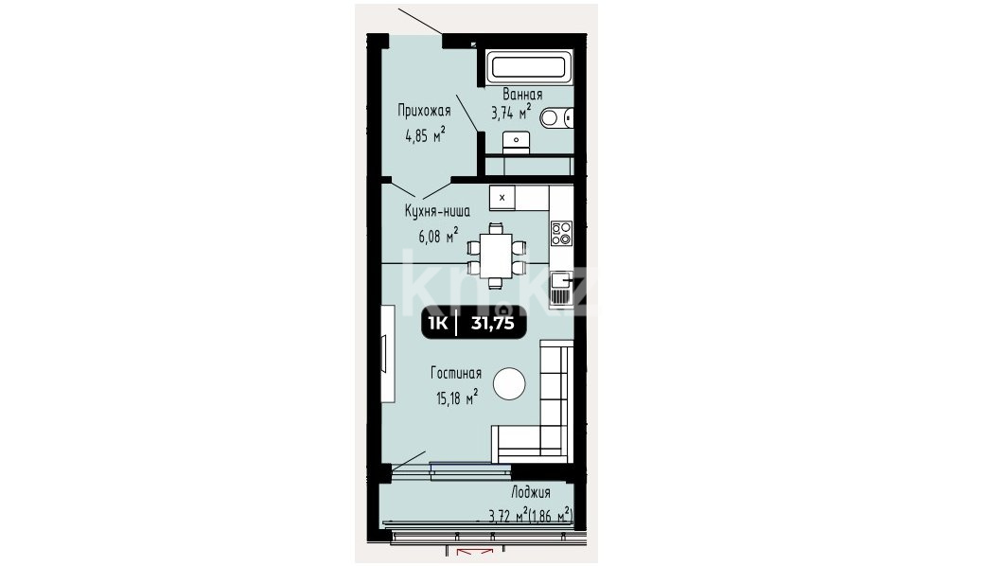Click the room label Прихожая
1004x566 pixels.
click(x=424, y=111)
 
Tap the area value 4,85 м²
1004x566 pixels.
click(x=425, y=135)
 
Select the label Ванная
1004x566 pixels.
click(x=522, y=95)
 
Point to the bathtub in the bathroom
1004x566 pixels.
click(x=528, y=66)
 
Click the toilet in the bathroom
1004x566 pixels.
click(x=555, y=117)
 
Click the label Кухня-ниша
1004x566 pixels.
click(x=437, y=211)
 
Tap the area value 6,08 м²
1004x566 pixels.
click(x=438, y=236)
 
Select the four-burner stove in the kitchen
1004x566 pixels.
click(x=561, y=233)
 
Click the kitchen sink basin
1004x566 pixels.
click(x=561, y=280)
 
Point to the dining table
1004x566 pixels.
click(x=496, y=256)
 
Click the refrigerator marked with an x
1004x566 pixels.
click(x=502, y=198)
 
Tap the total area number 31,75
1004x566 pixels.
click(x=492, y=324)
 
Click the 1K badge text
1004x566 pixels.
click(x=438, y=324)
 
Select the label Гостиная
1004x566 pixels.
click(x=456, y=373)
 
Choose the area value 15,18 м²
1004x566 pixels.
click(x=456, y=398)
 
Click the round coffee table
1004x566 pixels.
click(x=510, y=384)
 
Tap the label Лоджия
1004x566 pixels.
click(x=530, y=492)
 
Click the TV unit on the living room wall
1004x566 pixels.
click(x=387, y=353)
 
